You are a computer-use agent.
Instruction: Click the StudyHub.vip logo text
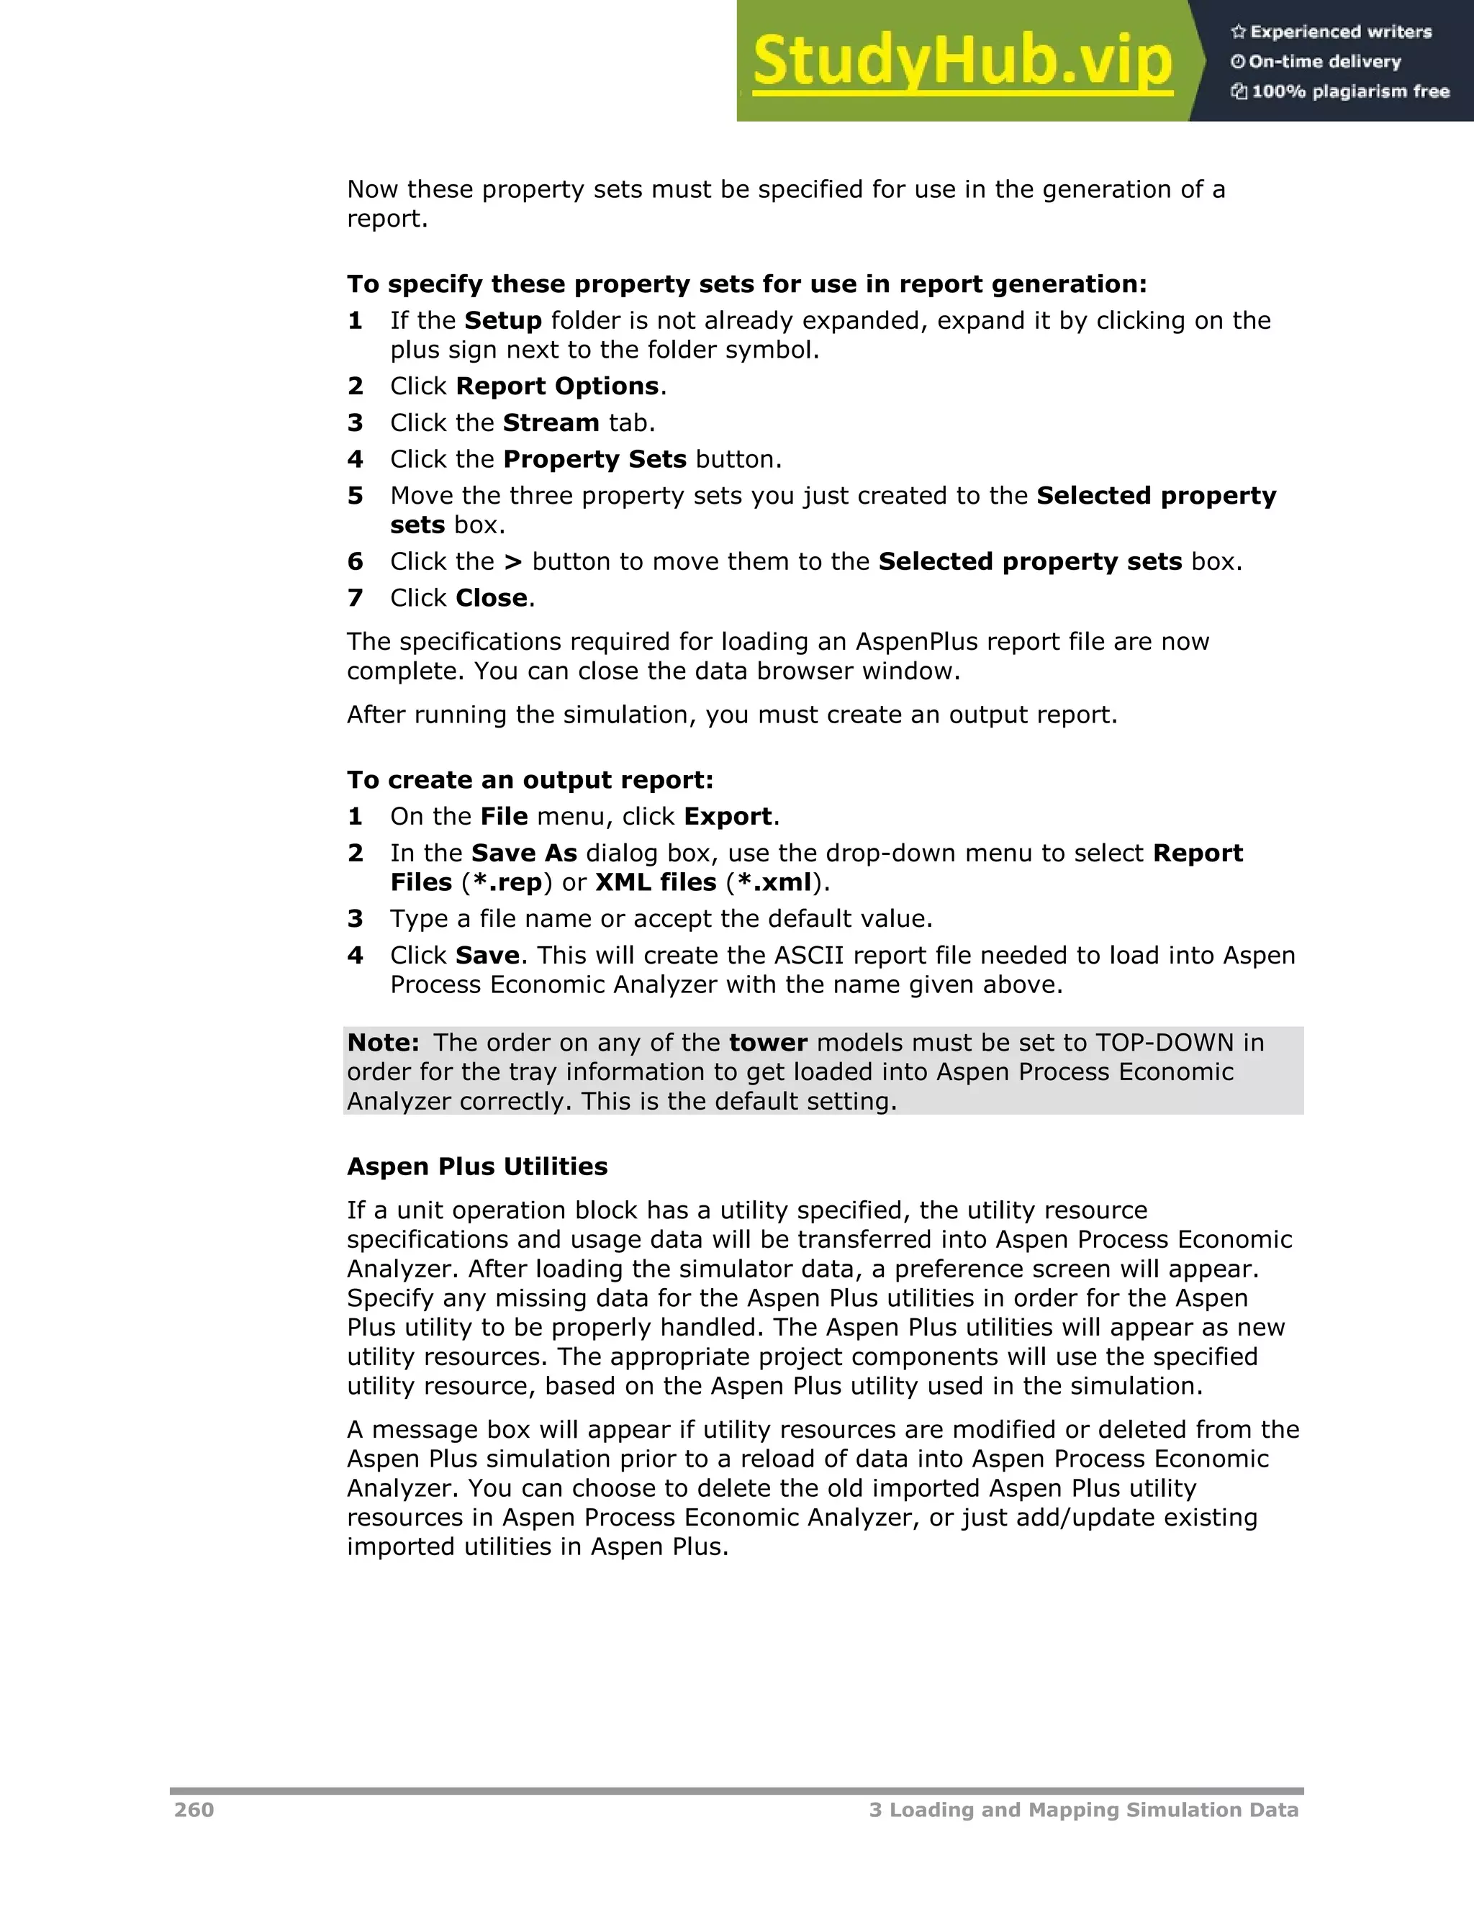point(962,62)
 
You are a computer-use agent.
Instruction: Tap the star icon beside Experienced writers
point(1237,32)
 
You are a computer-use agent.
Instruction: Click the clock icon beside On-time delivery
point(1237,62)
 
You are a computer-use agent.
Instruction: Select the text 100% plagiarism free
point(1350,91)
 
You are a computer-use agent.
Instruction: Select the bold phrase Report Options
point(557,386)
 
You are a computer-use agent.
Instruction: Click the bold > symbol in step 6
point(513,561)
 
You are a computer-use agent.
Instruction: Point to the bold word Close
point(492,598)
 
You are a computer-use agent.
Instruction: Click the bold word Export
point(728,817)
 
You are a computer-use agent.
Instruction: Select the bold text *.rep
point(507,883)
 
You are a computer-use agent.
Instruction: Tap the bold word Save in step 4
point(487,955)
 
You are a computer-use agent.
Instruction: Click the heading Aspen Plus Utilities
point(476,1167)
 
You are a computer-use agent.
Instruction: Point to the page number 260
point(194,1810)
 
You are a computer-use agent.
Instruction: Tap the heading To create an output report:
point(530,780)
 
